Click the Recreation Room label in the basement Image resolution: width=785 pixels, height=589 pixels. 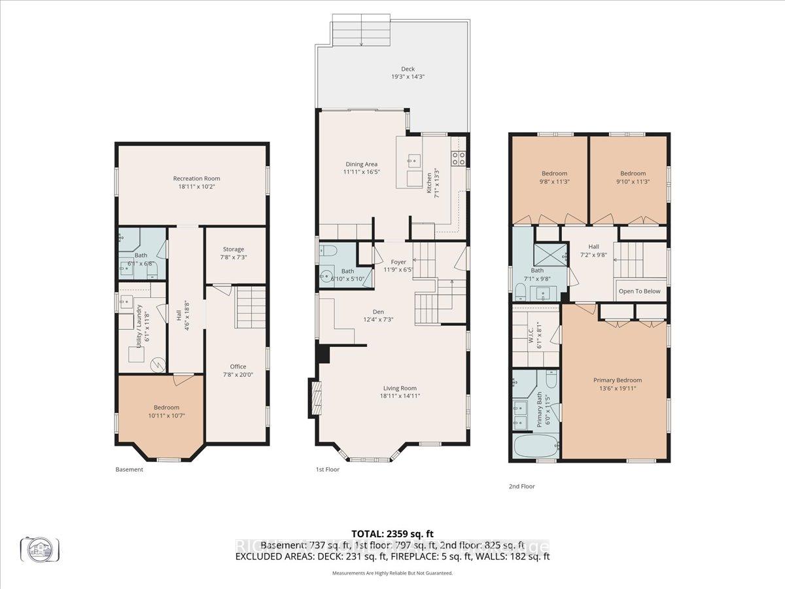[196, 178]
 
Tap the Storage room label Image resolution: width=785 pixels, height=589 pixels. [234, 249]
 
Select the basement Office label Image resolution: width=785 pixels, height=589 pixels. [237, 366]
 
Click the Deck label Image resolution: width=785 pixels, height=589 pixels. [408, 69]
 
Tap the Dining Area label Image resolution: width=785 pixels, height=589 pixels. [362, 164]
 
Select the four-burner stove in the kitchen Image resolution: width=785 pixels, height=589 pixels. [459, 157]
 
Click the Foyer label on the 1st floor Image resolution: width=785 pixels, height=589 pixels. [399, 262]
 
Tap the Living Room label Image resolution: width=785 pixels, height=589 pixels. [398, 387]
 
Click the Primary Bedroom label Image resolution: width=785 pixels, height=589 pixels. [617, 380]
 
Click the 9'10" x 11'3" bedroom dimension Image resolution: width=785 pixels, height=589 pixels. [633, 181]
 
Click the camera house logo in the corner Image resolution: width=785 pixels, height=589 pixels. [40, 548]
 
